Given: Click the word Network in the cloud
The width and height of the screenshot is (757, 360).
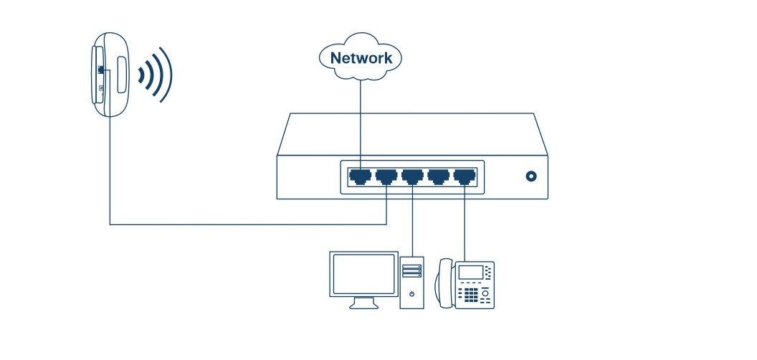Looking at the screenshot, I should point(361,58).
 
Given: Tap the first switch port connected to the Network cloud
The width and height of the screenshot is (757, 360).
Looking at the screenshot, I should point(359,175).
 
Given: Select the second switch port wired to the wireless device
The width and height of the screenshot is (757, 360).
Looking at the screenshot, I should point(386,175).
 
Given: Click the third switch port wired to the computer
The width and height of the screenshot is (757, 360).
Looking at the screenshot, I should point(412,175).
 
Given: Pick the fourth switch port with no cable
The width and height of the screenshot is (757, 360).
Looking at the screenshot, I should point(439,175).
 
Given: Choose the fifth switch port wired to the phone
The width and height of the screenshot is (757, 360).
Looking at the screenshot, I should point(465,175).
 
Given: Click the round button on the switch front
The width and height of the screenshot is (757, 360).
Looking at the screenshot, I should point(531,176).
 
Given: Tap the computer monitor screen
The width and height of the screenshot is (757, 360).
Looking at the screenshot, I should point(363,273).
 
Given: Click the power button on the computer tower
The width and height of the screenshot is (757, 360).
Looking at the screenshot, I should point(411,294).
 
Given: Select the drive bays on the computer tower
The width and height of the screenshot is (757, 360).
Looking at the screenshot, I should point(411,270).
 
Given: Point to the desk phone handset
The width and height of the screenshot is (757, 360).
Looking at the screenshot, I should point(444,283).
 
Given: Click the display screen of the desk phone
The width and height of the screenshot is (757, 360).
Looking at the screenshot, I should point(470,273).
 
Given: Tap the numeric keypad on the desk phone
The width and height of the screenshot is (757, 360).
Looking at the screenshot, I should point(470,294).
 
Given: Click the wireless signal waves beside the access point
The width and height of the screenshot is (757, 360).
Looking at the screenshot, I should point(156,73).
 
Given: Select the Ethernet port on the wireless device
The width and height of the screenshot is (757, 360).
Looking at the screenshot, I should point(101,69).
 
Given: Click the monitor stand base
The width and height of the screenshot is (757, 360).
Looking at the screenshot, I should point(363,305).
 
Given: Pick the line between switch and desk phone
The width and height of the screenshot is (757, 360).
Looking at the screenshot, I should point(465,222).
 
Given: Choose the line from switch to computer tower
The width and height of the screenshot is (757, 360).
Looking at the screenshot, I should point(412,222).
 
